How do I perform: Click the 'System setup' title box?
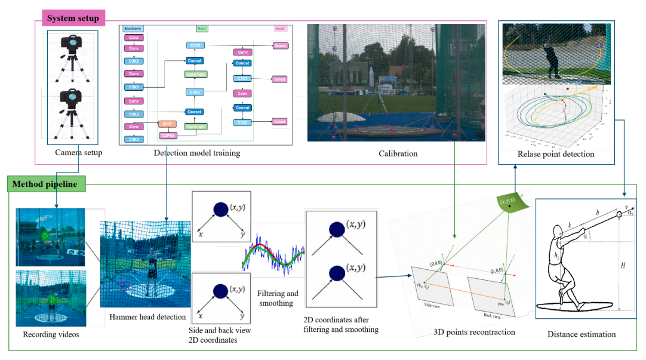click(73, 17)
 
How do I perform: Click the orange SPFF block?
click(166, 124)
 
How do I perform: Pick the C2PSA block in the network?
click(171, 136)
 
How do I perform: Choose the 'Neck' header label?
click(202, 28)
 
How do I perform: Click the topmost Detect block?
click(279, 45)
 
